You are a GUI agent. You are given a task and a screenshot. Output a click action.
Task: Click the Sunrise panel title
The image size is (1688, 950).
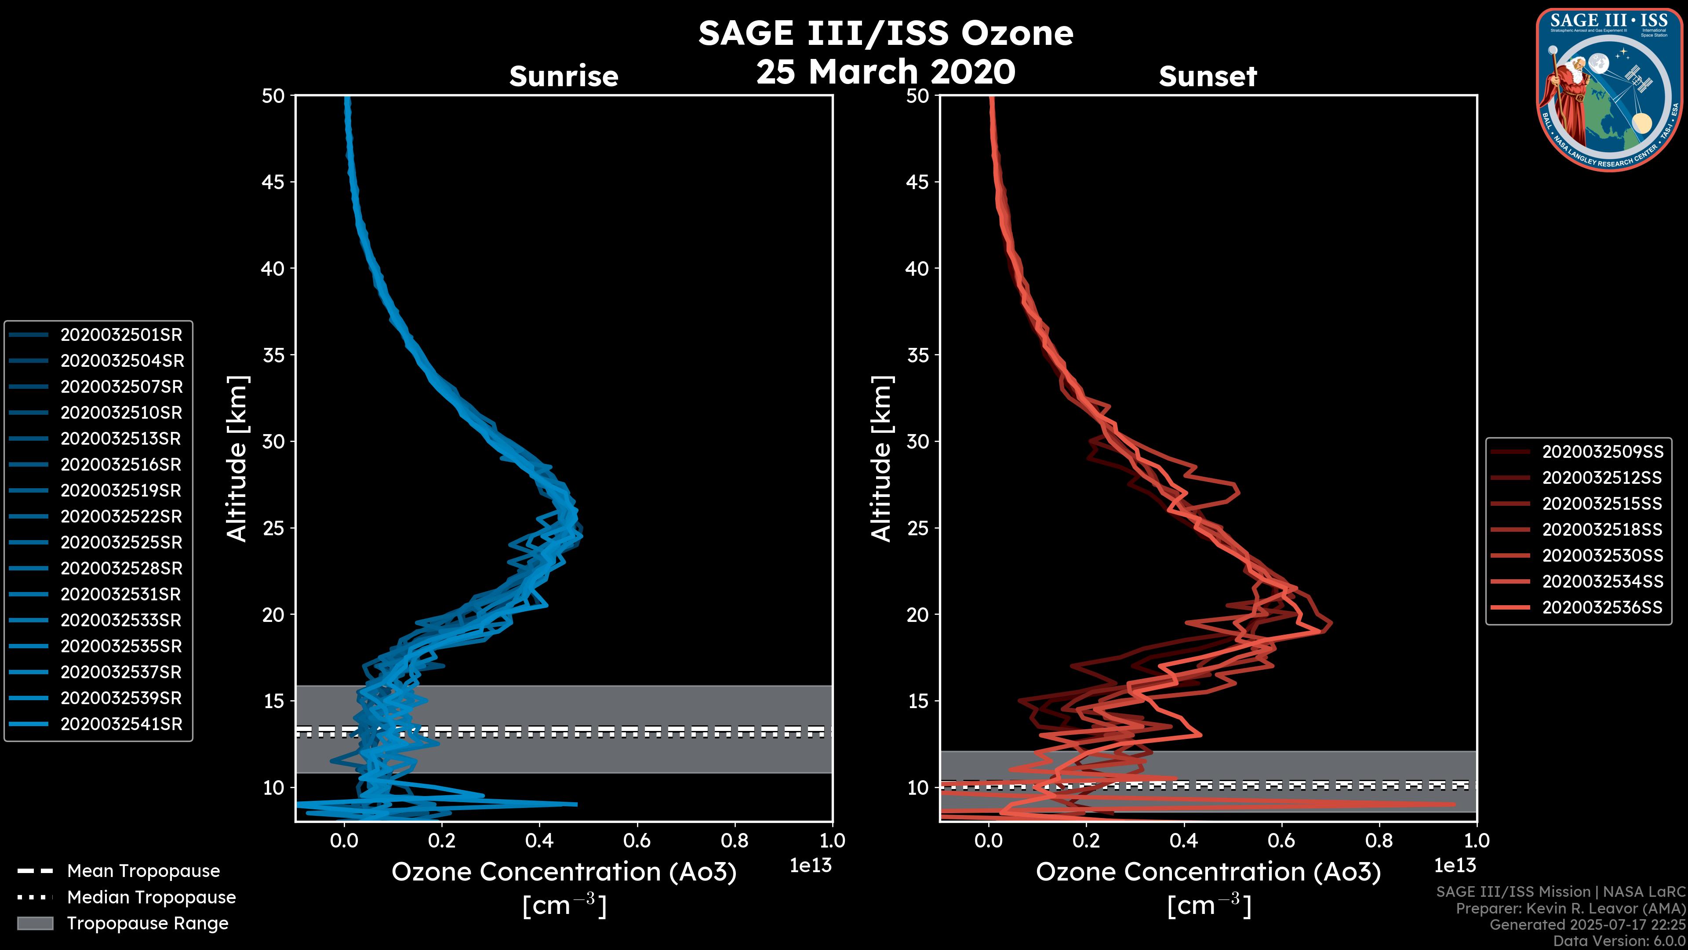coord(564,76)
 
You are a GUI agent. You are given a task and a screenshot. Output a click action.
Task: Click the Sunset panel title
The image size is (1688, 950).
coord(1208,76)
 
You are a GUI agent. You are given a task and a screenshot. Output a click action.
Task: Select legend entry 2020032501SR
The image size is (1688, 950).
coord(121,334)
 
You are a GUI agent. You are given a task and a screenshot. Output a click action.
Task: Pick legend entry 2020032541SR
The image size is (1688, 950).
coord(121,724)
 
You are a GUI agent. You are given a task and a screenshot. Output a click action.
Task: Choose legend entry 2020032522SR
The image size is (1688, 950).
coord(121,516)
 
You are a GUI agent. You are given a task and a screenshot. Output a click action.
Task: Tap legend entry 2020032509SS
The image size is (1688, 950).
coord(1602,451)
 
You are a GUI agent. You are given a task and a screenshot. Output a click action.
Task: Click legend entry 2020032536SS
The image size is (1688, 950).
coord(1602,607)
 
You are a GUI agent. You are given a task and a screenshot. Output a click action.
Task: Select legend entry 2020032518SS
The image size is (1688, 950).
coord(1602,529)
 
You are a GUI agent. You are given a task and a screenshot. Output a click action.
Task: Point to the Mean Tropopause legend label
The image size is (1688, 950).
coord(143,871)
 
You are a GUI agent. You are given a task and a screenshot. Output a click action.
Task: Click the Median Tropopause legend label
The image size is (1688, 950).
coord(151,897)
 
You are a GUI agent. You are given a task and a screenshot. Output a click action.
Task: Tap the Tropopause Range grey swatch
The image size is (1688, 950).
coord(35,923)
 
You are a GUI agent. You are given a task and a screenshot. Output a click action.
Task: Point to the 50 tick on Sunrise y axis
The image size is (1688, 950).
coord(273,96)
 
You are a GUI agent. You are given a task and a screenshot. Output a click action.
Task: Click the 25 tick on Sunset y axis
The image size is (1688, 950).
coord(917,528)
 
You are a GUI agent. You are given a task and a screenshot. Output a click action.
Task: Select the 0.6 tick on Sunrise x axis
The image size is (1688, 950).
coord(637,840)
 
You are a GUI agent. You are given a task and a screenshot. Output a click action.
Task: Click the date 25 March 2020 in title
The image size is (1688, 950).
coord(885,71)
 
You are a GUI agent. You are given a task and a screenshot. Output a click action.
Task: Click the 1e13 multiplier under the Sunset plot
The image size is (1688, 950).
coord(1455,866)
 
